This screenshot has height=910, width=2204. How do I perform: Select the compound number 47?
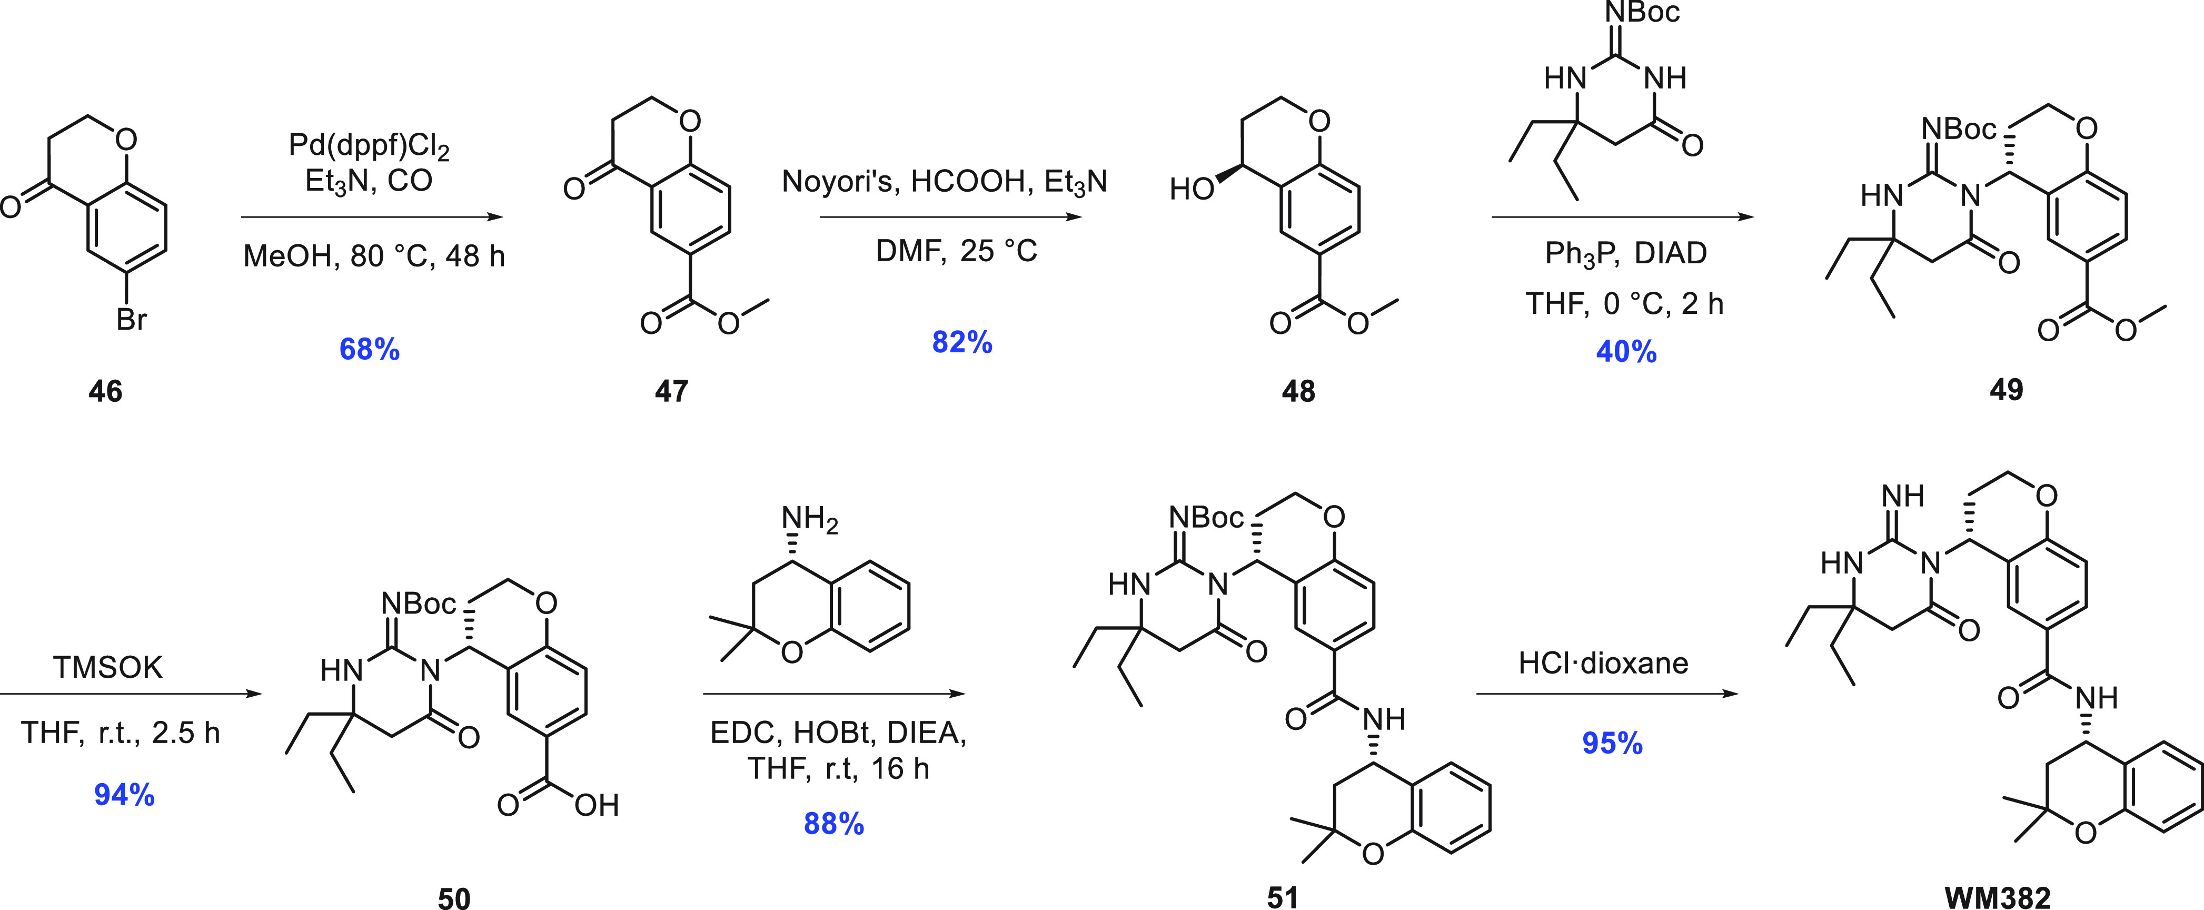tap(672, 391)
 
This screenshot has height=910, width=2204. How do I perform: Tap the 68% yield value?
tap(370, 349)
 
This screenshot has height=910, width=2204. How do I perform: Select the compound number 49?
tap(2007, 390)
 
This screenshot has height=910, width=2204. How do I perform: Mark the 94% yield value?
tap(125, 795)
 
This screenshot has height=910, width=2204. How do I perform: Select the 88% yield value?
tap(834, 824)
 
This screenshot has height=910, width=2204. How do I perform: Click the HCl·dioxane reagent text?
tap(1603, 664)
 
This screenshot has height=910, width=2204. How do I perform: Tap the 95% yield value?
tap(1613, 743)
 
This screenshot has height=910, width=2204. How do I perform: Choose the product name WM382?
tap(1998, 898)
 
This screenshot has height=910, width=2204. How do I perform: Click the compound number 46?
tap(105, 391)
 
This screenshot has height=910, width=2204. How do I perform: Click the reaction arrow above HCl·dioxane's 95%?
tap(1607, 694)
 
